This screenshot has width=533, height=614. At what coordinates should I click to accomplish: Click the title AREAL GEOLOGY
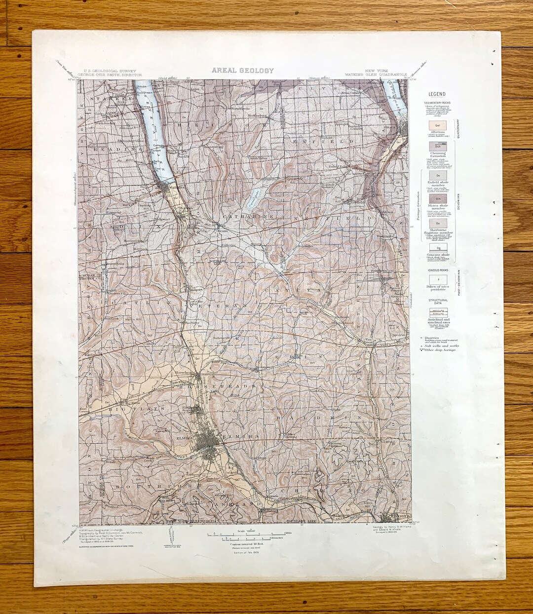[x=242, y=70]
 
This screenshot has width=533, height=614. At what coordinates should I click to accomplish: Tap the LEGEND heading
[x=436, y=94]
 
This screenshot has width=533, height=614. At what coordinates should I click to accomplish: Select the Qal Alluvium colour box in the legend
[x=437, y=126]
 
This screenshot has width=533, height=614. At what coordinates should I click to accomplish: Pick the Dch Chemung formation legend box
[x=437, y=147]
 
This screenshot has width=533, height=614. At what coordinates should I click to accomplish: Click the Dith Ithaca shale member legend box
[x=437, y=197]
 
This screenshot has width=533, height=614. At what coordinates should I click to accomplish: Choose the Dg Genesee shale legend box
[x=437, y=248]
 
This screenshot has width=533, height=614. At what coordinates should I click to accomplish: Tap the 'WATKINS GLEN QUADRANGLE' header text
[x=377, y=75]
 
